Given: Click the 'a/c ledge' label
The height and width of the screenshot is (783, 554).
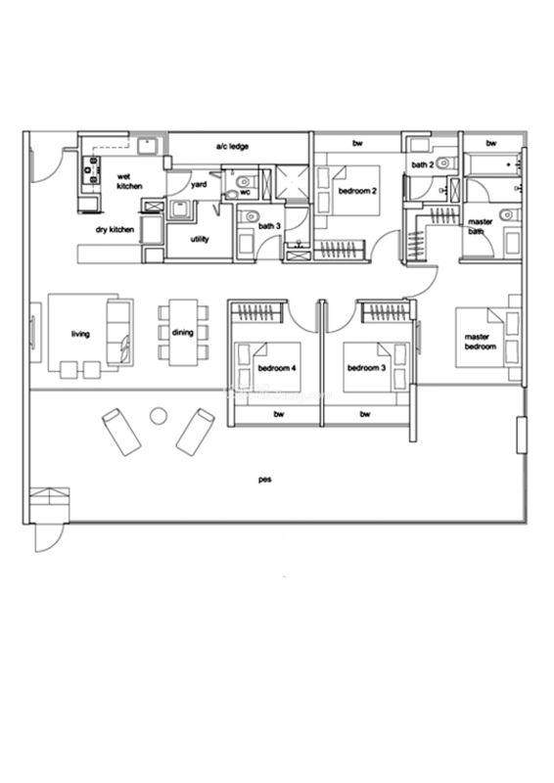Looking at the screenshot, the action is coord(232,146).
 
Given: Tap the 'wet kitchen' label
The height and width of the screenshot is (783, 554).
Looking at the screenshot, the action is coord(129,181).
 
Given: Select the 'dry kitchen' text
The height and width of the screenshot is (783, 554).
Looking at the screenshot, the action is coord(115,230).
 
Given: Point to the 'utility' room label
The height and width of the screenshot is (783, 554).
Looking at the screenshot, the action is coord(200,239).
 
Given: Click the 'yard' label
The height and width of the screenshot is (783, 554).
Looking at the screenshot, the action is coord(199,185).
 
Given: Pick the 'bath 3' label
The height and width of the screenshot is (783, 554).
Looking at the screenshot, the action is coord(269,226).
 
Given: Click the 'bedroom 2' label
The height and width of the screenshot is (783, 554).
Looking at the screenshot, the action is coord(357,191).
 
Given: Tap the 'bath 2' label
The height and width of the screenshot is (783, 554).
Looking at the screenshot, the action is coord(423,164).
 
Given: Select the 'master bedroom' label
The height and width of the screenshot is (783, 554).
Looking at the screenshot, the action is coord(480,342).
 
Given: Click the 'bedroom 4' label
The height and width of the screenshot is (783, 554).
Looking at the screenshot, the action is coord(277,368).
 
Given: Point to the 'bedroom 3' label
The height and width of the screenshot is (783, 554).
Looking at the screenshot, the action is coord(366,368).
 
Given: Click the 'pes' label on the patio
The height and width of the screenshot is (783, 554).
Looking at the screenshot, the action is coord(264,480).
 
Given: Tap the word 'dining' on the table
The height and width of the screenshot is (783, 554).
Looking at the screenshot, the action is coord(182,332).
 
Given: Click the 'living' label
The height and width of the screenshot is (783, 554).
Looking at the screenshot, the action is coord(80,334).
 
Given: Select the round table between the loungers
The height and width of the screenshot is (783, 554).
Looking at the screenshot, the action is coord(159,415).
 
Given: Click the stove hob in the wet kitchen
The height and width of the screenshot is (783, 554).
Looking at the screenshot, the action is coord(92,170).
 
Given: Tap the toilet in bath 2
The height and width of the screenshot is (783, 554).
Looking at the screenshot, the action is coord(443,162).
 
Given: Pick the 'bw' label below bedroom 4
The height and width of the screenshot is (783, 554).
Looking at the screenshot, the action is coord(279,414).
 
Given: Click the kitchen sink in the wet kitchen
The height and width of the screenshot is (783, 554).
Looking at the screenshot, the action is coord(148,146).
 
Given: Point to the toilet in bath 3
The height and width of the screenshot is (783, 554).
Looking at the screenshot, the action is coord(249,216).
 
